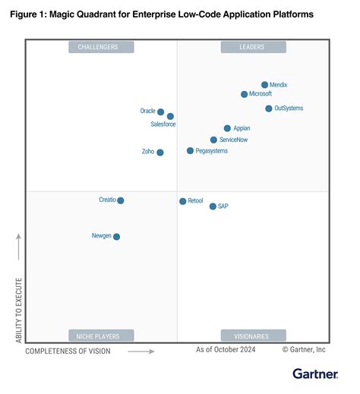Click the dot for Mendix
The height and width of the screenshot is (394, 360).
(x=264, y=85)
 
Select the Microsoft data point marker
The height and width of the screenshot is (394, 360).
(x=244, y=94)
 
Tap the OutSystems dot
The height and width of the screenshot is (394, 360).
(x=269, y=109)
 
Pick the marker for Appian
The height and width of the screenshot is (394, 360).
(x=227, y=128)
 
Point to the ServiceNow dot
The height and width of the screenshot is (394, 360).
(x=213, y=140)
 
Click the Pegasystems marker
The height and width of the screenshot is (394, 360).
(x=190, y=151)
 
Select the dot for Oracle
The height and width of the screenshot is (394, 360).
(x=160, y=112)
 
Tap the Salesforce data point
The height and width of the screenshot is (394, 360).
(x=170, y=116)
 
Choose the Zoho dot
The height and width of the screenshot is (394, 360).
(x=159, y=152)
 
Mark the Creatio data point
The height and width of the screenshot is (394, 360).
(x=121, y=200)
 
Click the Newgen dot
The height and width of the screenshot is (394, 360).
(x=116, y=237)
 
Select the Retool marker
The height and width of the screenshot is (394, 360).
(x=182, y=201)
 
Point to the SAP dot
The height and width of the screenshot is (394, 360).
(x=213, y=206)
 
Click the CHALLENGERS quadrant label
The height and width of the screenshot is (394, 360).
(x=101, y=47)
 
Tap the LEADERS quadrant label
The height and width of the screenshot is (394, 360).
(x=253, y=47)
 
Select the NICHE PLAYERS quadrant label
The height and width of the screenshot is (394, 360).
(x=101, y=336)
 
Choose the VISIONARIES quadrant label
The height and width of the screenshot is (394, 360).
(x=253, y=336)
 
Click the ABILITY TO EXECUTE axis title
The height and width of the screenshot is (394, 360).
(x=19, y=310)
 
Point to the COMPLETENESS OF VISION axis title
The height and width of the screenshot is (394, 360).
(x=68, y=351)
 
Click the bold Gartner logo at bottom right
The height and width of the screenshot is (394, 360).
(x=315, y=374)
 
